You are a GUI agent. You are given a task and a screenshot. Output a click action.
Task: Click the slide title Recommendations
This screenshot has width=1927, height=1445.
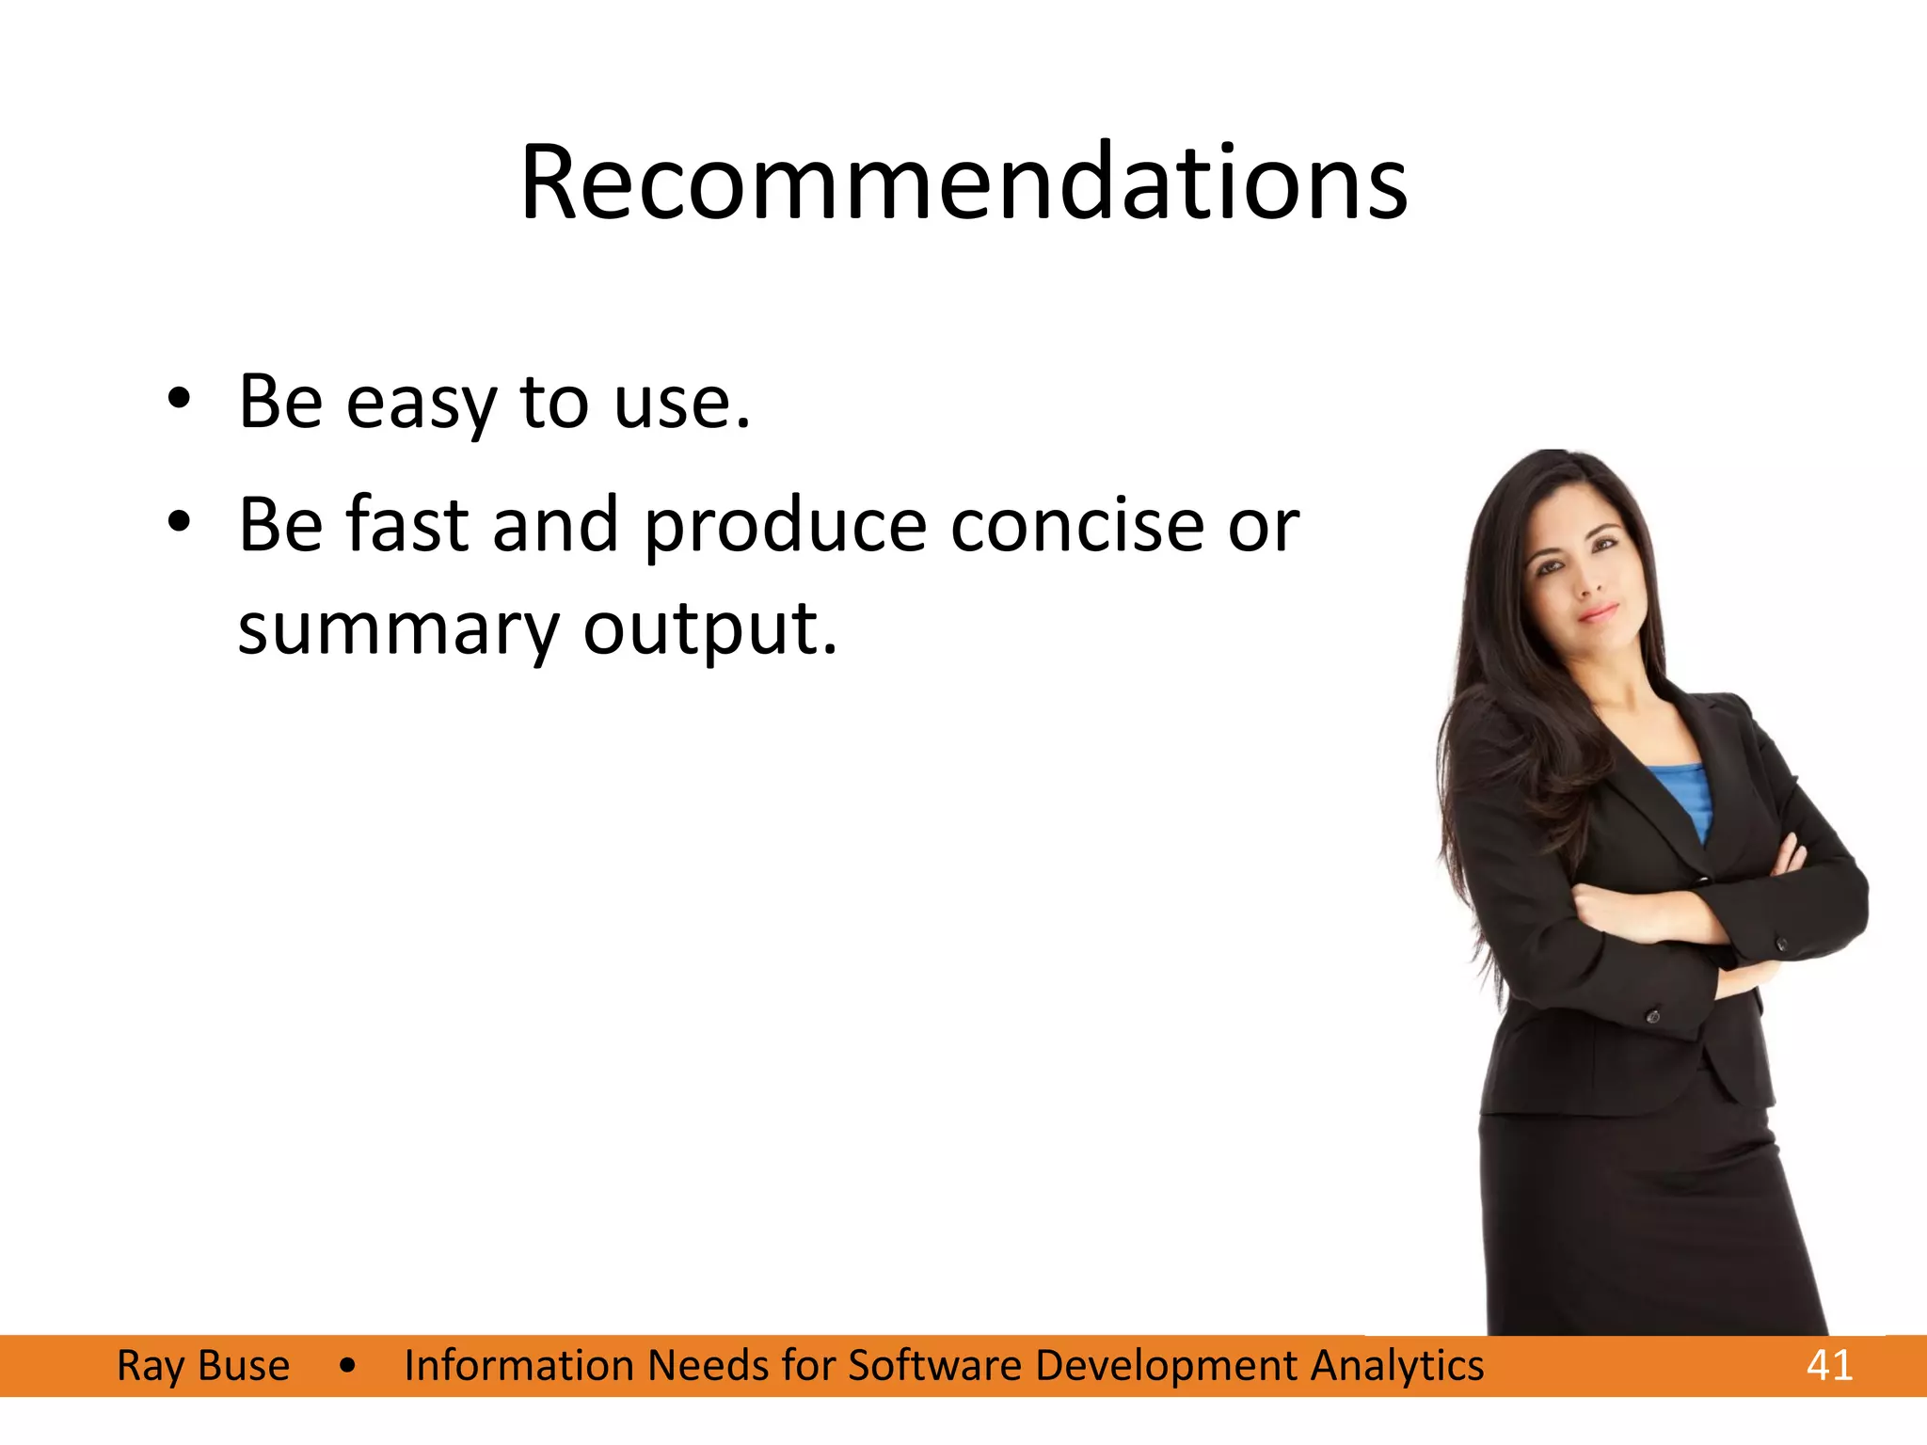click(x=963, y=183)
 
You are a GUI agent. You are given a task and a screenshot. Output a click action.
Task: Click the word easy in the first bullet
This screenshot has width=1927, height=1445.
click(x=421, y=403)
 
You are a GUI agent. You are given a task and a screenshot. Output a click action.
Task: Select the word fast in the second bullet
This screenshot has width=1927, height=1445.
click(x=406, y=525)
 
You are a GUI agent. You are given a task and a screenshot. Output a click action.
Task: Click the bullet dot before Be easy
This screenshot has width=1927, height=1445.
click(x=179, y=399)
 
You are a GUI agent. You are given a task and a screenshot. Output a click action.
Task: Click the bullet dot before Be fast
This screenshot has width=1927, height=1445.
click(x=179, y=521)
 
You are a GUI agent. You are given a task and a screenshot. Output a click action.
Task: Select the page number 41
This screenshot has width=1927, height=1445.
click(x=1829, y=1365)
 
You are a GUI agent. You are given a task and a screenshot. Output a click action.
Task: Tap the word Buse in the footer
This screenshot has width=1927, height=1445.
click(x=244, y=1365)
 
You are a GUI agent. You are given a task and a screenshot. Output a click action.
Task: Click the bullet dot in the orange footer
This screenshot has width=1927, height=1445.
click(x=347, y=1366)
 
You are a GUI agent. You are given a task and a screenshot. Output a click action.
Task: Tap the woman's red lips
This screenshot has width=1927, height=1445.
click(x=1598, y=613)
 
